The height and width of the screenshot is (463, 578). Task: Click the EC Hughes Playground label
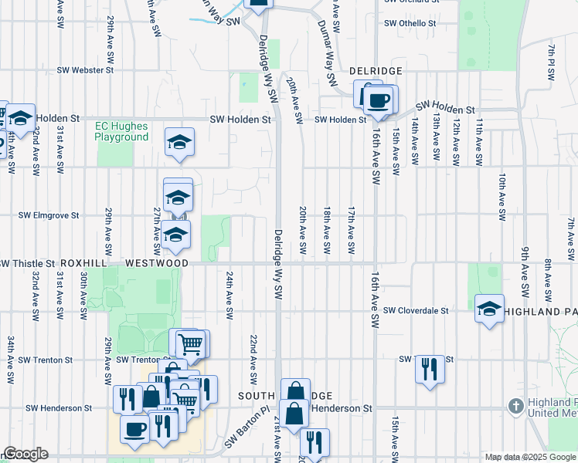[x=121, y=131]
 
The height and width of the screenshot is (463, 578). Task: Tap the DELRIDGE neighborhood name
[x=375, y=71]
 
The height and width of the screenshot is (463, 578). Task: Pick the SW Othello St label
[x=410, y=23]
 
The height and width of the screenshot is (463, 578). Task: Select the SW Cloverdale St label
[x=416, y=311]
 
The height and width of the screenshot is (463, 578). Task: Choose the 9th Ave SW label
[x=524, y=278]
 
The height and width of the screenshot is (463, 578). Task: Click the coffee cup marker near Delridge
[x=378, y=100]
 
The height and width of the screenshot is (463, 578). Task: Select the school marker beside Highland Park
[x=489, y=310]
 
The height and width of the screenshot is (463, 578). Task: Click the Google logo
[x=25, y=454]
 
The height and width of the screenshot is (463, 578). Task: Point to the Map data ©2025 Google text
[x=530, y=457]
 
